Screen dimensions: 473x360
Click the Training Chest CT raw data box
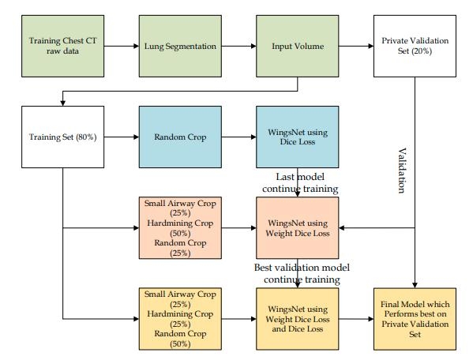point(62,46)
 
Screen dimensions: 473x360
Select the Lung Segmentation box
point(180,46)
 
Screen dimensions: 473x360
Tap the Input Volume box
point(298,46)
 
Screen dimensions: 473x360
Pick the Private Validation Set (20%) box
point(415,46)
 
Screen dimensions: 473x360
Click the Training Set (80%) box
point(62,137)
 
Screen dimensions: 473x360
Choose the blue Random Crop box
point(180,137)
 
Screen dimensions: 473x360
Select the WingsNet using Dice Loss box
point(298,137)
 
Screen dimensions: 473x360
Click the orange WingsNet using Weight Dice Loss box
point(298,228)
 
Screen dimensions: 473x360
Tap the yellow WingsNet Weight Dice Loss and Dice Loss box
point(298,319)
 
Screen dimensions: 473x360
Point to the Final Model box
point(415,319)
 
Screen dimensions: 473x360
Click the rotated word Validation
point(401,171)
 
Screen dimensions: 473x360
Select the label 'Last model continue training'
point(300,182)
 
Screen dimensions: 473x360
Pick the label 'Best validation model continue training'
point(302,273)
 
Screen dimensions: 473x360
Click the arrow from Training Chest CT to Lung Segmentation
point(122,46)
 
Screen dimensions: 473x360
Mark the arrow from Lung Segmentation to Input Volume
point(239,46)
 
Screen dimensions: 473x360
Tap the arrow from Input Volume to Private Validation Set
point(356,46)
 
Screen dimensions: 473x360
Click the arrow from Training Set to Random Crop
point(122,137)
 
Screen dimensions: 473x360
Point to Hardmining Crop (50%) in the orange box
point(180,228)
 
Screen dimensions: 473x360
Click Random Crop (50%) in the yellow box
point(180,339)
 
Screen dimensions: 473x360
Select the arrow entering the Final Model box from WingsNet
point(356,319)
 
